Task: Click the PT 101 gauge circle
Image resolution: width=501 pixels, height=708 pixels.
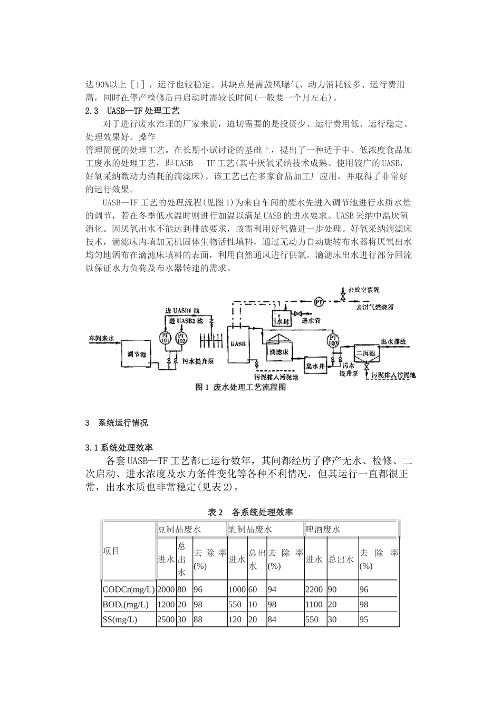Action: (x=164, y=337)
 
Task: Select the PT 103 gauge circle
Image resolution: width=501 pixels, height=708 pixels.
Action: (x=333, y=340)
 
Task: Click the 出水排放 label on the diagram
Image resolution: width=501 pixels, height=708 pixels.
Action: (x=394, y=341)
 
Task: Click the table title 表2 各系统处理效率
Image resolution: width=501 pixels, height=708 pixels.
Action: (x=250, y=512)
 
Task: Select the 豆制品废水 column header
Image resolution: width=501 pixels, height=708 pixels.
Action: (x=179, y=529)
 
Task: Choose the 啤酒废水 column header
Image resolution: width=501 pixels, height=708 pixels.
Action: (x=323, y=529)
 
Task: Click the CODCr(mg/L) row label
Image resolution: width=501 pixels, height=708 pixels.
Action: (x=128, y=589)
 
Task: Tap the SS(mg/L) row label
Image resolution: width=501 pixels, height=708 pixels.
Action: (x=120, y=619)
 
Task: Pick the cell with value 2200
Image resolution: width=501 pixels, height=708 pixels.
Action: (x=313, y=589)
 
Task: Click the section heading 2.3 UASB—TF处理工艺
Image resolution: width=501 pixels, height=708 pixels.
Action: (x=132, y=111)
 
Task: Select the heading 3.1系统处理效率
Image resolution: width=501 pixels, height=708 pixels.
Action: (x=119, y=448)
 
